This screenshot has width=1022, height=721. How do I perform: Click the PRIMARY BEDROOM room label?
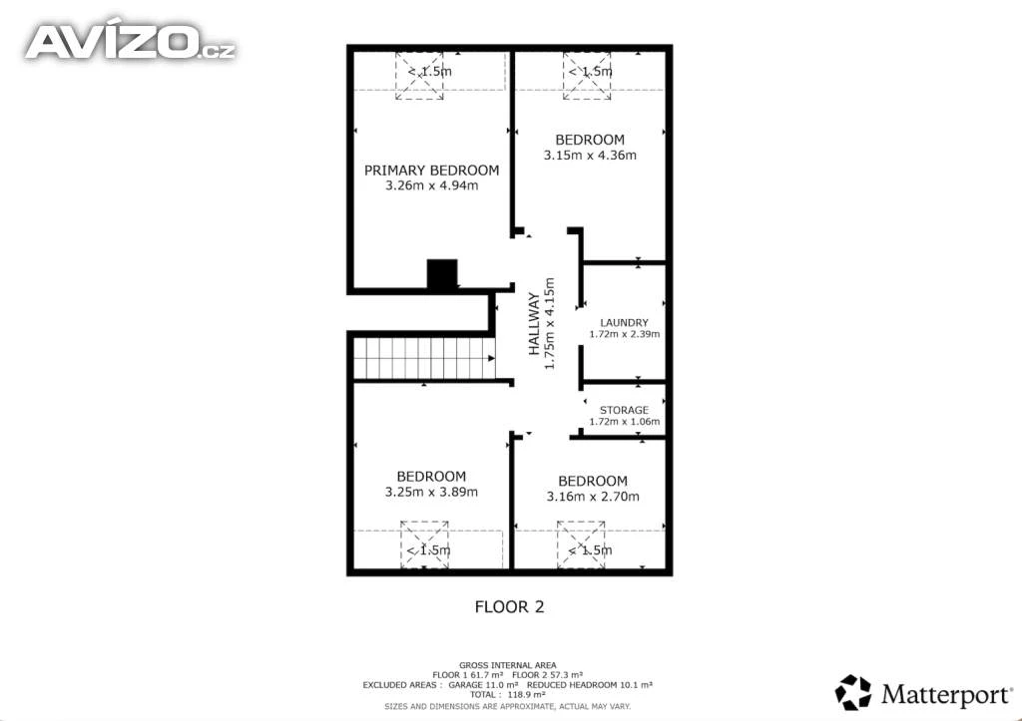click(431, 171)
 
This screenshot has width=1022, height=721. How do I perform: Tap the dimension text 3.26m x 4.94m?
click(431, 185)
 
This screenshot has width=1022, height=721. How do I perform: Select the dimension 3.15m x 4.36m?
click(590, 156)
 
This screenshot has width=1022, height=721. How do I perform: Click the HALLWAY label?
click(534, 324)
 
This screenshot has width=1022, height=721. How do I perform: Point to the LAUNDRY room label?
click(625, 322)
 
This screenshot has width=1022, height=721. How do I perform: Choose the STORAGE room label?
click(625, 410)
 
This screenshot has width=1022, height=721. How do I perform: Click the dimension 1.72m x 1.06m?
click(625, 422)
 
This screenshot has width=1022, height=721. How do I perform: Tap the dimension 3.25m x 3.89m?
click(431, 493)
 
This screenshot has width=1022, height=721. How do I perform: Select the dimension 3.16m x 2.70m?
click(593, 497)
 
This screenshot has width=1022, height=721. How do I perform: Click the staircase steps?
click(424, 358)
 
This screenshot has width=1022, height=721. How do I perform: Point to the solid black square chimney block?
click(442, 273)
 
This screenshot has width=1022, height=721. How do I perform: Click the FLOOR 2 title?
click(509, 607)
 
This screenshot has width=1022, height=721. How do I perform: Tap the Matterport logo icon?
click(853, 692)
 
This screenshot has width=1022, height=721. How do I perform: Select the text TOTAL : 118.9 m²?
click(508, 695)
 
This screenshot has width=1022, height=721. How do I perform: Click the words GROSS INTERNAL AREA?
click(508, 665)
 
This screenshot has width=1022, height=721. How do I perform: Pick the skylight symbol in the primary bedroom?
click(419, 76)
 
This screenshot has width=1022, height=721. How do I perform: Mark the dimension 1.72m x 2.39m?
click(625, 334)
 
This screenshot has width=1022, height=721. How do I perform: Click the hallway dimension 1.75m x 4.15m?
click(550, 324)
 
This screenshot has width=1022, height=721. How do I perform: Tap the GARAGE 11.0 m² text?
click(483, 685)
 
